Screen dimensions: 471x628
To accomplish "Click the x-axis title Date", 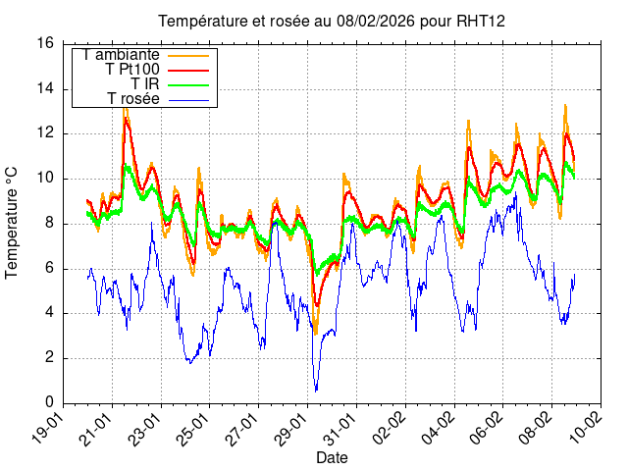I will point(331,457).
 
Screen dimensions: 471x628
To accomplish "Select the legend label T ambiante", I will point(122,54).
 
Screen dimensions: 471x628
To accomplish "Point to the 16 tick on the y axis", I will point(45,43).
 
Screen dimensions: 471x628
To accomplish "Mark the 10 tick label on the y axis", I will point(45,178).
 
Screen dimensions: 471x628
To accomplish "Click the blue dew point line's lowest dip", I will point(316,391).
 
